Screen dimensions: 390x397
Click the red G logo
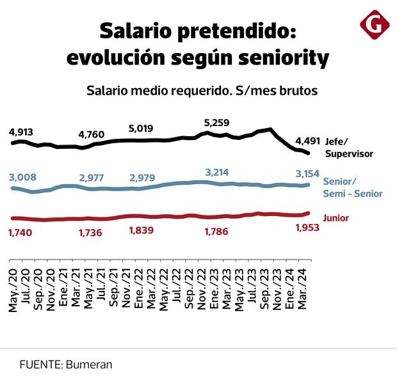point(374,25)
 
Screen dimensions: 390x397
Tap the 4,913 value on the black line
point(21,132)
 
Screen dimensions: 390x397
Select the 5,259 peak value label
point(216,123)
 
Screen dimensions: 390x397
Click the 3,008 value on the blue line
point(22,177)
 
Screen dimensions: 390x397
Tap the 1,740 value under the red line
point(21,232)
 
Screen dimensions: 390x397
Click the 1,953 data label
point(307,228)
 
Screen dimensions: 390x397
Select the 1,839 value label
point(142,230)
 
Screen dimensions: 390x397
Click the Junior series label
point(337,217)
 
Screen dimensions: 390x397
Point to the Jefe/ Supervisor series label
point(349,147)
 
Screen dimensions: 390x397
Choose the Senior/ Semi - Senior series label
point(353,187)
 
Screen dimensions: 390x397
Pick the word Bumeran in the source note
point(88,364)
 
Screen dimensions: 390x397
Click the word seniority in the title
point(282,58)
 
